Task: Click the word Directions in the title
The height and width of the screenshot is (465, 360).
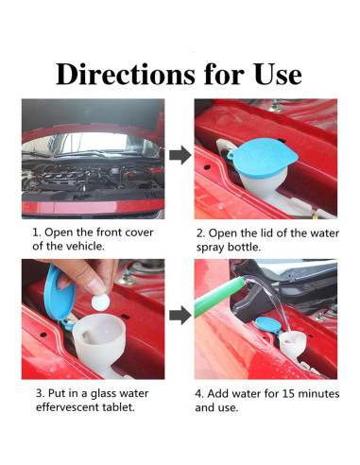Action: [x=126, y=75]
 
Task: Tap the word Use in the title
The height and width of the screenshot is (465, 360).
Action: [x=278, y=75]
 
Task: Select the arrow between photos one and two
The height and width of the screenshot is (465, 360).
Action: [x=180, y=155]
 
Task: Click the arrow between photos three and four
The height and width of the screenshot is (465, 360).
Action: [x=180, y=315]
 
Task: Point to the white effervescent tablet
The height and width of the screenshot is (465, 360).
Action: [x=100, y=301]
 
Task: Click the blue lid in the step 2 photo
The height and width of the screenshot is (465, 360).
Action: [x=263, y=157]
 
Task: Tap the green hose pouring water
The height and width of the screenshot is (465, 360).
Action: [x=219, y=296]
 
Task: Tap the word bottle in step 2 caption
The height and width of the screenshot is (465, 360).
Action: [x=244, y=247]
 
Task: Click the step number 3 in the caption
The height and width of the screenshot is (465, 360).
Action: [x=40, y=393]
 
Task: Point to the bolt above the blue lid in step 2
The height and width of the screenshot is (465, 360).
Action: [x=276, y=107]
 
